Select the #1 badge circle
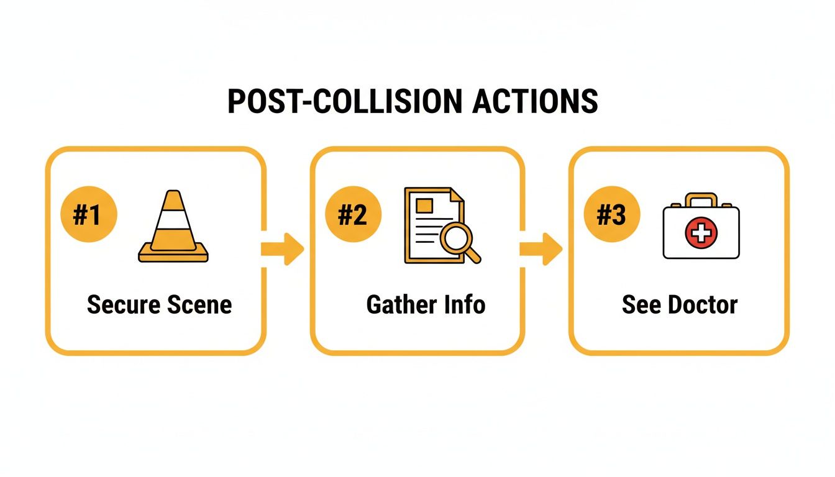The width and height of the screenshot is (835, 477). pos(88,216)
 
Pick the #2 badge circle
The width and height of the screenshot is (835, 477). pos(353,216)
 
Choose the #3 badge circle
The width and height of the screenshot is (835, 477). pos(613,216)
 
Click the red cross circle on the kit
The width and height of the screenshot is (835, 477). pos(701,234)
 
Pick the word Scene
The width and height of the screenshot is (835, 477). pos(200,305)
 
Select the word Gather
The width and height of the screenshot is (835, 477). pos(401,305)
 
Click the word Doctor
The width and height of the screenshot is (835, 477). pos(701,305)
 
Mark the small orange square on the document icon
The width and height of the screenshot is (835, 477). pos(425,205)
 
